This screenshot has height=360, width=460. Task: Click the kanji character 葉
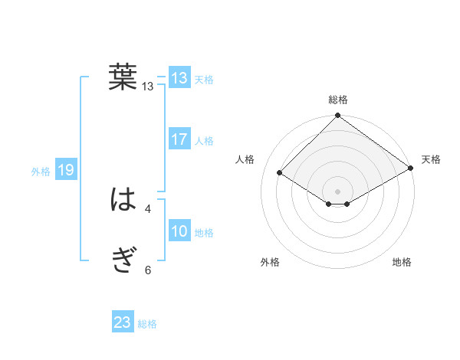(x=123, y=77)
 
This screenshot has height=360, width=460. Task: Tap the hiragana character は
(x=123, y=200)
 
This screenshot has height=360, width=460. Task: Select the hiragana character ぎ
(x=123, y=261)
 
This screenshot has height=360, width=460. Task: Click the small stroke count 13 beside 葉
(x=148, y=87)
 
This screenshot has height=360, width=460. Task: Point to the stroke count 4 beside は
(x=148, y=208)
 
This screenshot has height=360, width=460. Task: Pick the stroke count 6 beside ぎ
(x=148, y=270)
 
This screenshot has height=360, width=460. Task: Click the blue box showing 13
(x=179, y=78)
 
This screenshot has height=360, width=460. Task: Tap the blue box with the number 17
(x=179, y=139)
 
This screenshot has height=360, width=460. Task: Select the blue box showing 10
(x=179, y=231)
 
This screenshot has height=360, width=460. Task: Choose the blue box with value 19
(x=66, y=170)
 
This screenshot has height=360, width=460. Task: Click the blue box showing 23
(x=123, y=322)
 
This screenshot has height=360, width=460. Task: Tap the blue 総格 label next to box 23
(x=147, y=324)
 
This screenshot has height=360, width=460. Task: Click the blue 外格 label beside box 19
(x=41, y=172)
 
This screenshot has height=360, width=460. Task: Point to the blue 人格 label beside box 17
(x=205, y=141)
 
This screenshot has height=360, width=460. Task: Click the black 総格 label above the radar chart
(x=338, y=100)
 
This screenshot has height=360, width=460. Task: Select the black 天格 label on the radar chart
(x=431, y=159)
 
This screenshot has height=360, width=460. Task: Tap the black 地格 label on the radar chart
(x=402, y=262)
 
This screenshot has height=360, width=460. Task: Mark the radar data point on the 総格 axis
(x=338, y=116)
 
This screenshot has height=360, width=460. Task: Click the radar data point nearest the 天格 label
(x=411, y=169)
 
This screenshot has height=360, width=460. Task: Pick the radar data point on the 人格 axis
(x=280, y=172)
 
